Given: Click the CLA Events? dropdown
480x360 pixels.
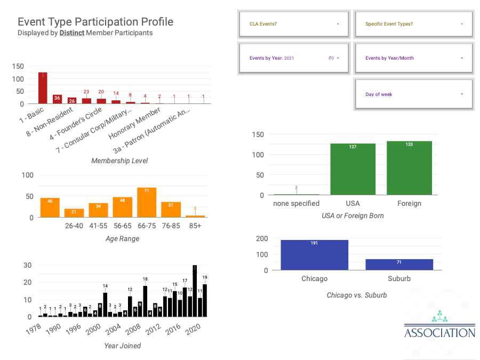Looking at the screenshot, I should pos(294,24).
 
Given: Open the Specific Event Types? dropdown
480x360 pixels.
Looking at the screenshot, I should pos(414,24).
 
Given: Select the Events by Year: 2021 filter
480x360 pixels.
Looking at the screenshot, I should pos(294,58).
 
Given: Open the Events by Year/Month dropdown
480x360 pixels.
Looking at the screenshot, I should pos(414,58).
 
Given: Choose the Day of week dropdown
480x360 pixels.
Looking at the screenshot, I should pos(414,94).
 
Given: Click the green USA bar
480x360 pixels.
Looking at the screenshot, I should pos(353,169).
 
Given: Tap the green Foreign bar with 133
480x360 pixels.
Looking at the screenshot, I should pos(409,168).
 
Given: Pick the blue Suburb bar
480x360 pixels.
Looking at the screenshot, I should pos(399,265).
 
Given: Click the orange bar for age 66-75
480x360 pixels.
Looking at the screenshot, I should pos(147,203).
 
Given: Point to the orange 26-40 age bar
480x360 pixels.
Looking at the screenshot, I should pos(74,213).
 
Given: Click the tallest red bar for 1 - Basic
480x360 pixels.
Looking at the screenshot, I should pos(43,88).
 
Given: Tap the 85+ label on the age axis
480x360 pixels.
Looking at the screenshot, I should pos(195,226).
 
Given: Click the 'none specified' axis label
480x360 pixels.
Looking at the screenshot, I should pos(296,203).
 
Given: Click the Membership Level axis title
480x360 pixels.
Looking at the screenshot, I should pos(119,161).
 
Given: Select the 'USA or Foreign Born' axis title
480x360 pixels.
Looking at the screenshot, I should pos(353,216).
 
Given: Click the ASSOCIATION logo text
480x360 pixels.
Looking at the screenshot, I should pos(439,333).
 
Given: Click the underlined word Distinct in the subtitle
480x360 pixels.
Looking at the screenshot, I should pos(72,33).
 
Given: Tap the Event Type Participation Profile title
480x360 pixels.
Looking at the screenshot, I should pos(95,22).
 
